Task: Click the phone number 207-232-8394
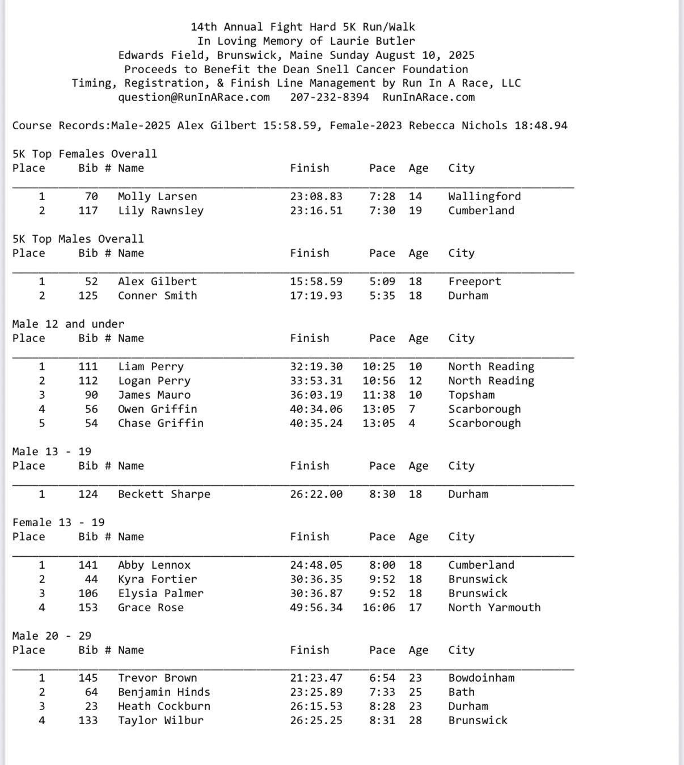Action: pos(329,97)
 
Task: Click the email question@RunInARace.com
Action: pos(194,97)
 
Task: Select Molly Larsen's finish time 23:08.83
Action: pos(316,196)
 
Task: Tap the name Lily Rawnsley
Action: pos(161,210)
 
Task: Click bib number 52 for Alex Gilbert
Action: pos(91,281)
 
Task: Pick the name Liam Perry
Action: pos(151,366)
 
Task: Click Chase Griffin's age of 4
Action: pos(412,423)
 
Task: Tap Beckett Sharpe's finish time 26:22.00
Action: pos(316,494)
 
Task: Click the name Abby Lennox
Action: pos(154,565)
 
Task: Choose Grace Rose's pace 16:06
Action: pos(379,607)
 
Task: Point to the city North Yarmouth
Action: pos(494,607)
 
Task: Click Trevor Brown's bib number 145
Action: pos(88,678)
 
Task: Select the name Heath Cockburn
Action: pos(164,706)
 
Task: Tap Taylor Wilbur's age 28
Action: pos(415,720)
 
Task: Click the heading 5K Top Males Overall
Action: pos(78,239)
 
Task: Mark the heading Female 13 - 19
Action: pos(58,522)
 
